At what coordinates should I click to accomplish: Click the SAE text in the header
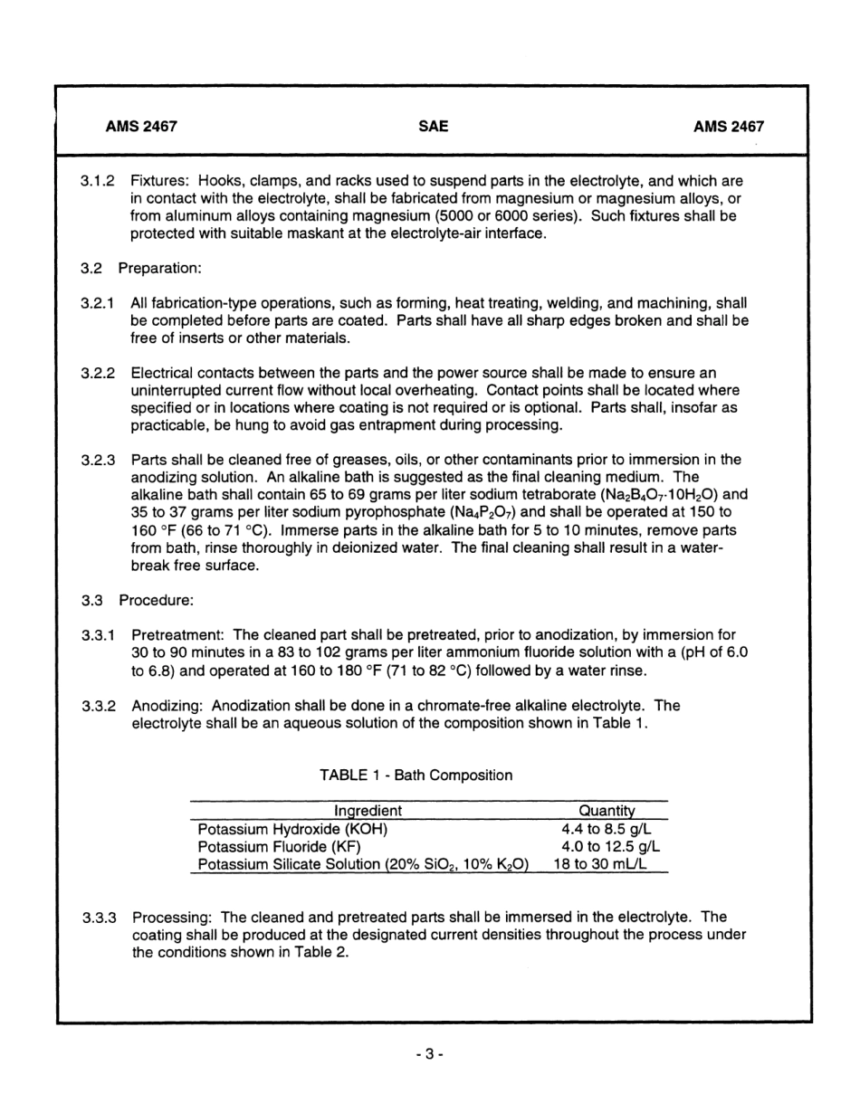(433, 128)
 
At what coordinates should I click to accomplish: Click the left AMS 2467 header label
(141, 128)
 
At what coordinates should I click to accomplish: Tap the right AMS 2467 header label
(728, 128)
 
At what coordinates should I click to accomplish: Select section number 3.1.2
(97, 182)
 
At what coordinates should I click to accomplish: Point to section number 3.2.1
(97, 304)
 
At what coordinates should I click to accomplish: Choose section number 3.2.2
(97, 373)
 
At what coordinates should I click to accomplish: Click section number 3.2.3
(97, 460)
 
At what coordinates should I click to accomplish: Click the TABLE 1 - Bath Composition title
(416, 775)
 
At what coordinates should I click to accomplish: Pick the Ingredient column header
(368, 812)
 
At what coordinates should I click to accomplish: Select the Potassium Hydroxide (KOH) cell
(293, 829)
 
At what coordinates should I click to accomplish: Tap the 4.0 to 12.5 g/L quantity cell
(610, 847)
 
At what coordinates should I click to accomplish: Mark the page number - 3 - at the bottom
(430, 1053)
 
